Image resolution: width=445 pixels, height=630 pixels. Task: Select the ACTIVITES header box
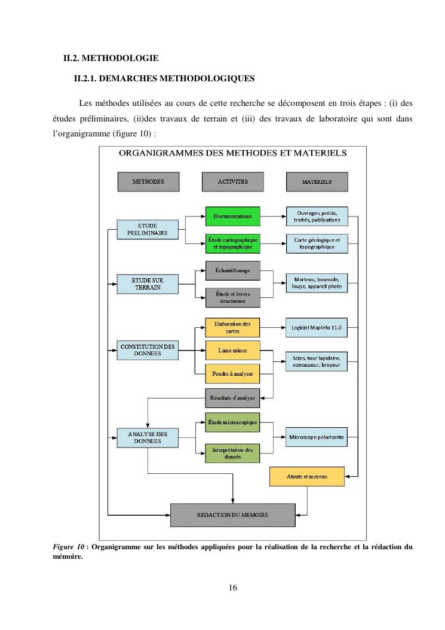click(x=232, y=181)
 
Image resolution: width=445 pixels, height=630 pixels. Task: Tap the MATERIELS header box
click(x=317, y=181)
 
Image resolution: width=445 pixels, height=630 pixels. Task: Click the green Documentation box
click(x=232, y=216)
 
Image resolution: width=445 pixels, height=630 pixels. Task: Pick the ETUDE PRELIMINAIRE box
click(x=148, y=229)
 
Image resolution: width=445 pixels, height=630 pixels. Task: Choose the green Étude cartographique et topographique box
click(x=232, y=243)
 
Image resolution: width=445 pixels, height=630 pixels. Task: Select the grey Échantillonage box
click(x=232, y=270)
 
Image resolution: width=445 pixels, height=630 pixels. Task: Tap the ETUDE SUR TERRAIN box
click(x=148, y=284)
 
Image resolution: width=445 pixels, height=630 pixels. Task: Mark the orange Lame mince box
click(x=232, y=350)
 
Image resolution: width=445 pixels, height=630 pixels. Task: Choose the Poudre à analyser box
click(x=232, y=373)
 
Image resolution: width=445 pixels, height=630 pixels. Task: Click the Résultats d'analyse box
click(x=232, y=397)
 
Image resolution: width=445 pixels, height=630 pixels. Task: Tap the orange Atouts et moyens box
click(x=307, y=476)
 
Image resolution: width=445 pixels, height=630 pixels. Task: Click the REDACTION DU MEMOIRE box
click(x=233, y=515)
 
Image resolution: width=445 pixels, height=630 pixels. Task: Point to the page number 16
click(x=233, y=588)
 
